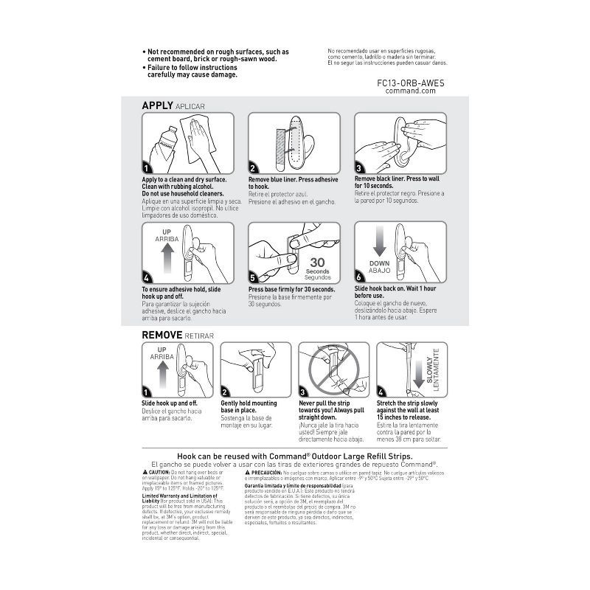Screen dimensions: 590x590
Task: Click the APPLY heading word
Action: coord(157,105)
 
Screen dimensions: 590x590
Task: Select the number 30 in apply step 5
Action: coord(318,263)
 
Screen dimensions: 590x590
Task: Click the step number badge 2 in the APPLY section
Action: coord(253,169)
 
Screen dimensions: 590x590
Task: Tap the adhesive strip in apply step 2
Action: coord(281,145)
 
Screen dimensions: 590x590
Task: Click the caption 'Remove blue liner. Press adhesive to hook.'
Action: coord(293,183)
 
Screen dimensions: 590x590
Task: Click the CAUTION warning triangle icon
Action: coord(144,471)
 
